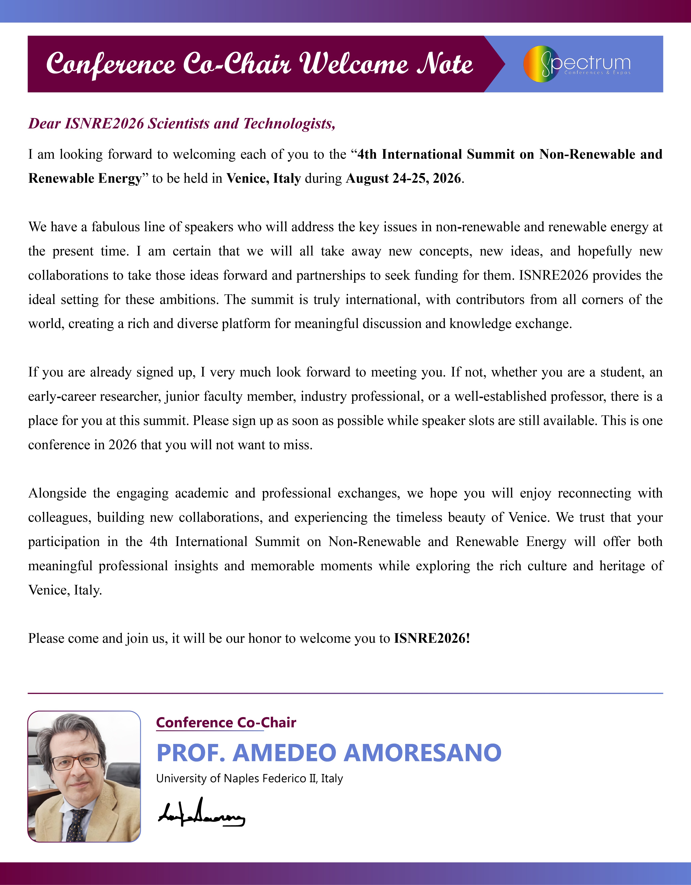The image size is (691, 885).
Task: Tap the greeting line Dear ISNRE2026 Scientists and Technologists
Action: point(182,124)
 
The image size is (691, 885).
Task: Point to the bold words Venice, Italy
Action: point(263,178)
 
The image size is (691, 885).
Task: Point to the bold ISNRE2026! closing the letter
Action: point(432,638)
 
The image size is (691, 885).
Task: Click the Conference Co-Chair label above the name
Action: point(226,723)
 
